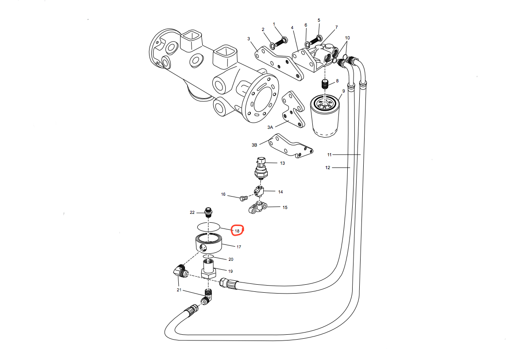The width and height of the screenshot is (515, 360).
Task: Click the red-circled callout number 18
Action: point(238,231)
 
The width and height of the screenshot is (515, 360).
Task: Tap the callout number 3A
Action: point(271,127)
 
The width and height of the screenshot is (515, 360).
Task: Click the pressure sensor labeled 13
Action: point(262,167)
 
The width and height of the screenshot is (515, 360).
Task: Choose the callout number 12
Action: point(328,167)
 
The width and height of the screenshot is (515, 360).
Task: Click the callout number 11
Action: point(329,155)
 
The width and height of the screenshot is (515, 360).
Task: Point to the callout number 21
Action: point(179,290)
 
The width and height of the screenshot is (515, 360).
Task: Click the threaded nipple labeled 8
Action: point(325,84)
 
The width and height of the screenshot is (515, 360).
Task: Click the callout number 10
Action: point(347,38)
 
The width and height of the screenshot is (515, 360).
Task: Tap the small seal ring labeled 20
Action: point(208,256)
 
